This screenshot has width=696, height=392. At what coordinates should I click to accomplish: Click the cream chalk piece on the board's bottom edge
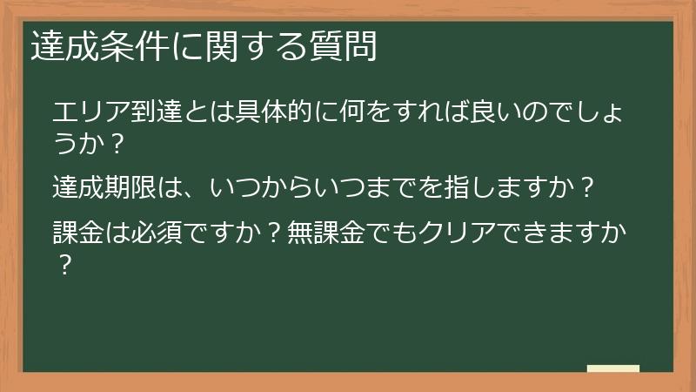coord(612,369)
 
